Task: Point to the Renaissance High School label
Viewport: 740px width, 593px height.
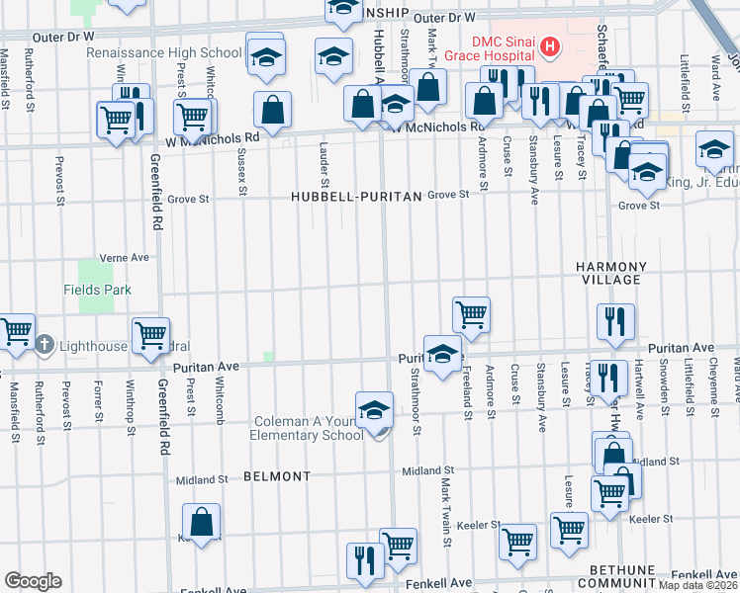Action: (x=164, y=52)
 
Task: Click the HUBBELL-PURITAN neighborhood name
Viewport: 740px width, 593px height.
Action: (x=357, y=197)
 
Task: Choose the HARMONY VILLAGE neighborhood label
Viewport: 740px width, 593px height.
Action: (x=611, y=274)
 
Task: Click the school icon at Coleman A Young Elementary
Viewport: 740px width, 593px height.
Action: (x=374, y=410)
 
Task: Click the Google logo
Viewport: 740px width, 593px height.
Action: (x=33, y=581)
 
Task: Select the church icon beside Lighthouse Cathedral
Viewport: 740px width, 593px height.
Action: (x=44, y=345)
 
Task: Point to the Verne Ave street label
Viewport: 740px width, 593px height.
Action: (x=125, y=257)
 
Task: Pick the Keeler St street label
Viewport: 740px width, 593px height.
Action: (x=650, y=518)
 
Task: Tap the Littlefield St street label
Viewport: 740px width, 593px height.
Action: (x=685, y=77)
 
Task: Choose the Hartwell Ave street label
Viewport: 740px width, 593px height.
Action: (x=639, y=387)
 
